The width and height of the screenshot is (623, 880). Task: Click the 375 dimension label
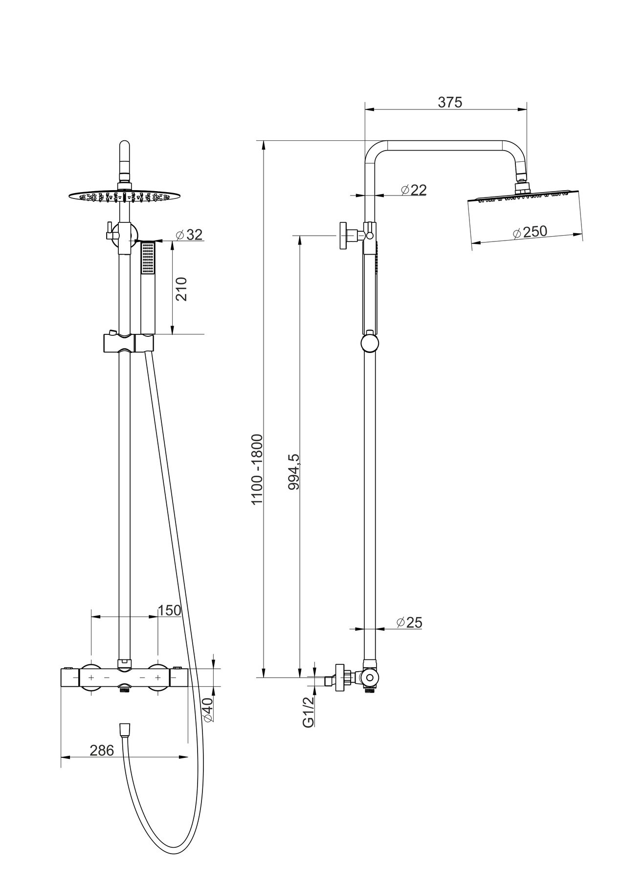coord(449,102)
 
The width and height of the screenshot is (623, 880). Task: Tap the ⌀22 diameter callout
coord(413,190)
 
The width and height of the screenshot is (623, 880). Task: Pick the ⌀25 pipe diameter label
coord(409,622)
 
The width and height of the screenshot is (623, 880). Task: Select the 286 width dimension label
coord(102,750)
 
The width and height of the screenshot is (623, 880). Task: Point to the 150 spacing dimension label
coord(169,610)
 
